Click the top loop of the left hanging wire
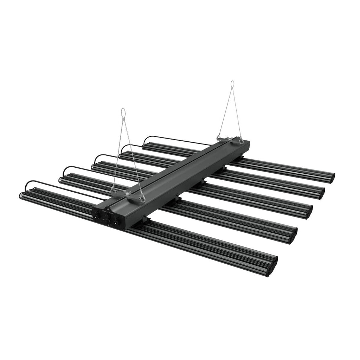coord(123,112)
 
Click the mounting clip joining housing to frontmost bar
coord(146,221)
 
